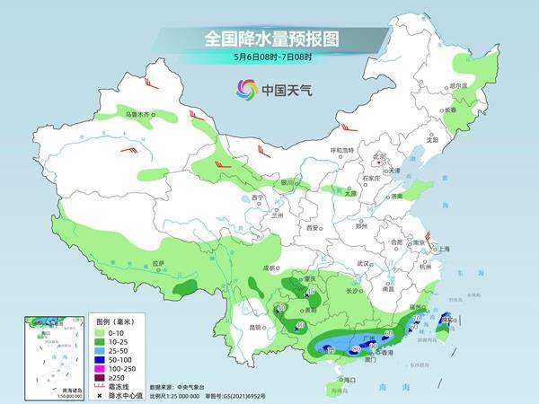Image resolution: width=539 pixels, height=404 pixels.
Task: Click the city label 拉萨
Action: [x=158, y=263]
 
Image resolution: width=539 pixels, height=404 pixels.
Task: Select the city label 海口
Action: [x=340, y=380]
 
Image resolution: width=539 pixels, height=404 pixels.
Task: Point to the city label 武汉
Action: [x=363, y=263]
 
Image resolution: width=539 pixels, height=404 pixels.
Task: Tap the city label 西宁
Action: [x=258, y=198]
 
